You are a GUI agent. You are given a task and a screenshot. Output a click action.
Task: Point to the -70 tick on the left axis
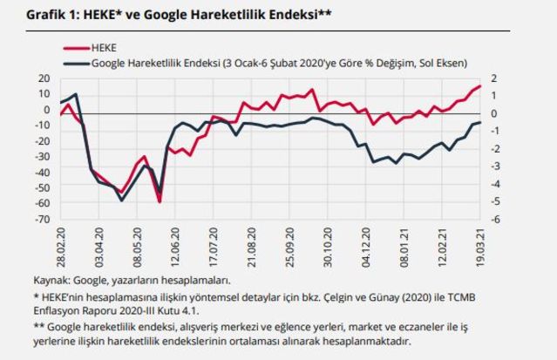(x=41, y=219)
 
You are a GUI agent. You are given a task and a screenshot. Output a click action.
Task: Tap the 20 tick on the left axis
(x=44, y=78)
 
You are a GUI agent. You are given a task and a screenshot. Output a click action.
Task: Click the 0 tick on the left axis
(x=46, y=110)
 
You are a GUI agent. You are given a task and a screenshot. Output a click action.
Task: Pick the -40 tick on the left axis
(x=41, y=172)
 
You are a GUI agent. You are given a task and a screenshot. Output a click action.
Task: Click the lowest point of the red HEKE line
(x=160, y=201)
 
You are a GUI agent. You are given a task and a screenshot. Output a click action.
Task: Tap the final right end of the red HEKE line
(x=480, y=85)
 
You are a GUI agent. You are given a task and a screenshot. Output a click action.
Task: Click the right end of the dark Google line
(x=480, y=123)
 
